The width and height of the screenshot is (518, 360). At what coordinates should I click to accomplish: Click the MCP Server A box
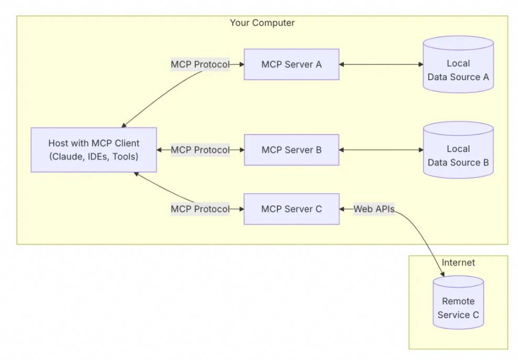point(291,64)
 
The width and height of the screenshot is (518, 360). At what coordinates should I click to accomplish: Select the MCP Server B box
point(291,150)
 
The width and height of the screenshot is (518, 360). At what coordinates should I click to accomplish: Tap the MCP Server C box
point(291,209)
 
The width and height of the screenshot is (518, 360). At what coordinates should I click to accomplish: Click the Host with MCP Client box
point(93,150)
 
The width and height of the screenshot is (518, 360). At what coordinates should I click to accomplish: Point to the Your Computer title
point(262,23)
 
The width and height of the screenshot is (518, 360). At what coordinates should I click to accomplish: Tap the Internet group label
point(458,263)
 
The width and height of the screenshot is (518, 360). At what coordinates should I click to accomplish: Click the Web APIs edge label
point(373,209)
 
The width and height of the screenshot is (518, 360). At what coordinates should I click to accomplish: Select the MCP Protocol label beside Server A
point(200,64)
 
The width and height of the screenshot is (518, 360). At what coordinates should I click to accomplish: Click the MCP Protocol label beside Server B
point(200,150)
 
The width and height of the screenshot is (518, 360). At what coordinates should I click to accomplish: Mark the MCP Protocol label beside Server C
point(200,209)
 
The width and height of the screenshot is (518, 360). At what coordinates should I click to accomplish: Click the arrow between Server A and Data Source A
point(381,64)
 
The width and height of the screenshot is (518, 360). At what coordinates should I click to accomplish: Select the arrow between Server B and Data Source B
point(381,150)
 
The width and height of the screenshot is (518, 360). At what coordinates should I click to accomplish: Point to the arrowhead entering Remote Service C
point(443,274)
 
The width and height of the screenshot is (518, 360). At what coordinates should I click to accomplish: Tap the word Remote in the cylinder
point(458,301)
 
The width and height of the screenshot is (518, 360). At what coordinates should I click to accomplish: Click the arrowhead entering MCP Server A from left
point(241,64)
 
